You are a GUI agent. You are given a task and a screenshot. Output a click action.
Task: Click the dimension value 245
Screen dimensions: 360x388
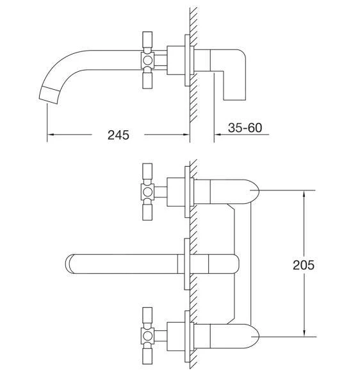pyautogui.click(x=118, y=135)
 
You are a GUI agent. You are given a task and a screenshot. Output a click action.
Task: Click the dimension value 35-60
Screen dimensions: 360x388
pyautogui.click(x=245, y=128)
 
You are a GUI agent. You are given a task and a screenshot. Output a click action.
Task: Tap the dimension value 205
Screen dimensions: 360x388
pyautogui.click(x=304, y=265)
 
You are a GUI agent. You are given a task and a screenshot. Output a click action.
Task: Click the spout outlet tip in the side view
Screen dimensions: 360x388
pyautogui.click(x=50, y=96)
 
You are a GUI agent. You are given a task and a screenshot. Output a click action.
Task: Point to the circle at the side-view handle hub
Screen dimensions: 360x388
pyautogui.click(x=147, y=60)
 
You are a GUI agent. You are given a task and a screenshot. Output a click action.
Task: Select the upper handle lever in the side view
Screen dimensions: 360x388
pyautogui.click(x=147, y=40)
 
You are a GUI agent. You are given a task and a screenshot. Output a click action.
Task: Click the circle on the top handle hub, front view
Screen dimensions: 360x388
pyautogui.click(x=147, y=192)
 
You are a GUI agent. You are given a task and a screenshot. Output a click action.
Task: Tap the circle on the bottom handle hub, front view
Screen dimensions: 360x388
pyautogui.click(x=147, y=336)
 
